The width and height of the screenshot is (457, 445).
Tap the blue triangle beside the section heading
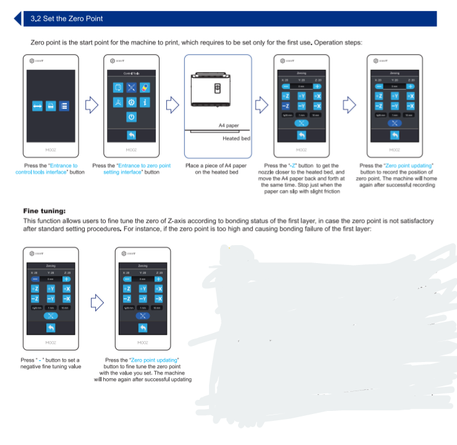click(18, 19)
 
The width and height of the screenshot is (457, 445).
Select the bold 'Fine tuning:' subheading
click(45, 211)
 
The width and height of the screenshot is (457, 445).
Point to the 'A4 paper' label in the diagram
click(229, 124)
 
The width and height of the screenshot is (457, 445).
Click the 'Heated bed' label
click(236, 139)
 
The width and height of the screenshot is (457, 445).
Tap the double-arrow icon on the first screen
click(37, 106)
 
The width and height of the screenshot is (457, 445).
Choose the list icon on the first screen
click(64, 106)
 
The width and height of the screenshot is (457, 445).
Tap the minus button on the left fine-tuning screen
click(35, 279)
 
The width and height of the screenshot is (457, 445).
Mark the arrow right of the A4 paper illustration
click(262, 105)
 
